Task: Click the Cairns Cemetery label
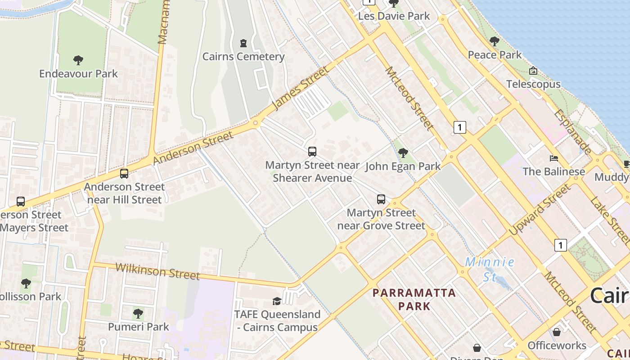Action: [243, 57]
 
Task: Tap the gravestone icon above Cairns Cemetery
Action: [243, 43]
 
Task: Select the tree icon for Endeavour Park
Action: [78, 60]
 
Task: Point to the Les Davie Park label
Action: [394, 16]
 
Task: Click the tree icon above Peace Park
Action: [495, 41]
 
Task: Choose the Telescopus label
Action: [533, 84]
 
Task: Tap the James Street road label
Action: [301, 88]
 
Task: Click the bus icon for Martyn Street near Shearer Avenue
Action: [312, 152]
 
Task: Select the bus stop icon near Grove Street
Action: [381, 199]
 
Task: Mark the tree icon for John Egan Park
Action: [403, 153]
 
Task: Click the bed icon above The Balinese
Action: [554, 158]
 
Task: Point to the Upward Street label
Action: [539, 210]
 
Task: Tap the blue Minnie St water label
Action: [490, 269]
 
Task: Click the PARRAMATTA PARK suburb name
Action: [414, 299]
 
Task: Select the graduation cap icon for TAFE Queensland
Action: [277, 301]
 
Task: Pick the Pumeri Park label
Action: [139, 327]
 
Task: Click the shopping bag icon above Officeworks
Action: [557, 332]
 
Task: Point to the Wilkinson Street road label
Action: [157, 271]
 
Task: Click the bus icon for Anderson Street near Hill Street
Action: [124, 173]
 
